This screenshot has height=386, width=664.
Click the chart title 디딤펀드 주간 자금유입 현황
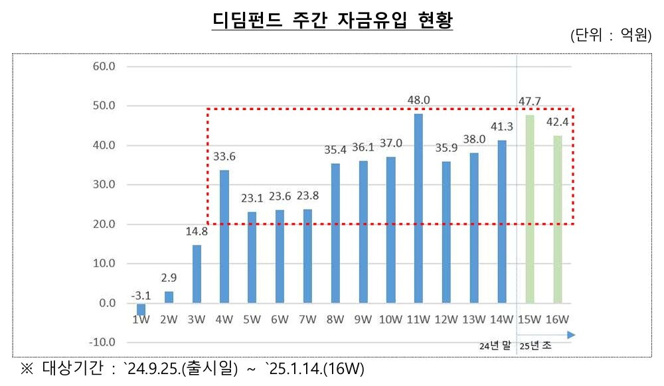click(x=332, y=20)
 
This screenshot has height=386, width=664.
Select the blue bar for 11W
click(x=418, y=208)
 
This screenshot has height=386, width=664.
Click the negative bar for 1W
click(x=141, y=308)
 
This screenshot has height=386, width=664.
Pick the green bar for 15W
click(x=529, y=209)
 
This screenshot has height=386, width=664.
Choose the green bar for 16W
click(x=557, y=220)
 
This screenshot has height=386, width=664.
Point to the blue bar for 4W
click(x=224, y=237)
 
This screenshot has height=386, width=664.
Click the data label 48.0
click(x=418, y=101)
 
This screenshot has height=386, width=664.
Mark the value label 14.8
click(x=197, y=232)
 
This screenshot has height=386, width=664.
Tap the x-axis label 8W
click(x=335, y=320)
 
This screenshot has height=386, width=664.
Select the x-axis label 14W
click(x=501, y=320)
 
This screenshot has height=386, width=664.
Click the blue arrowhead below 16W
click(x=571, y=335)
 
